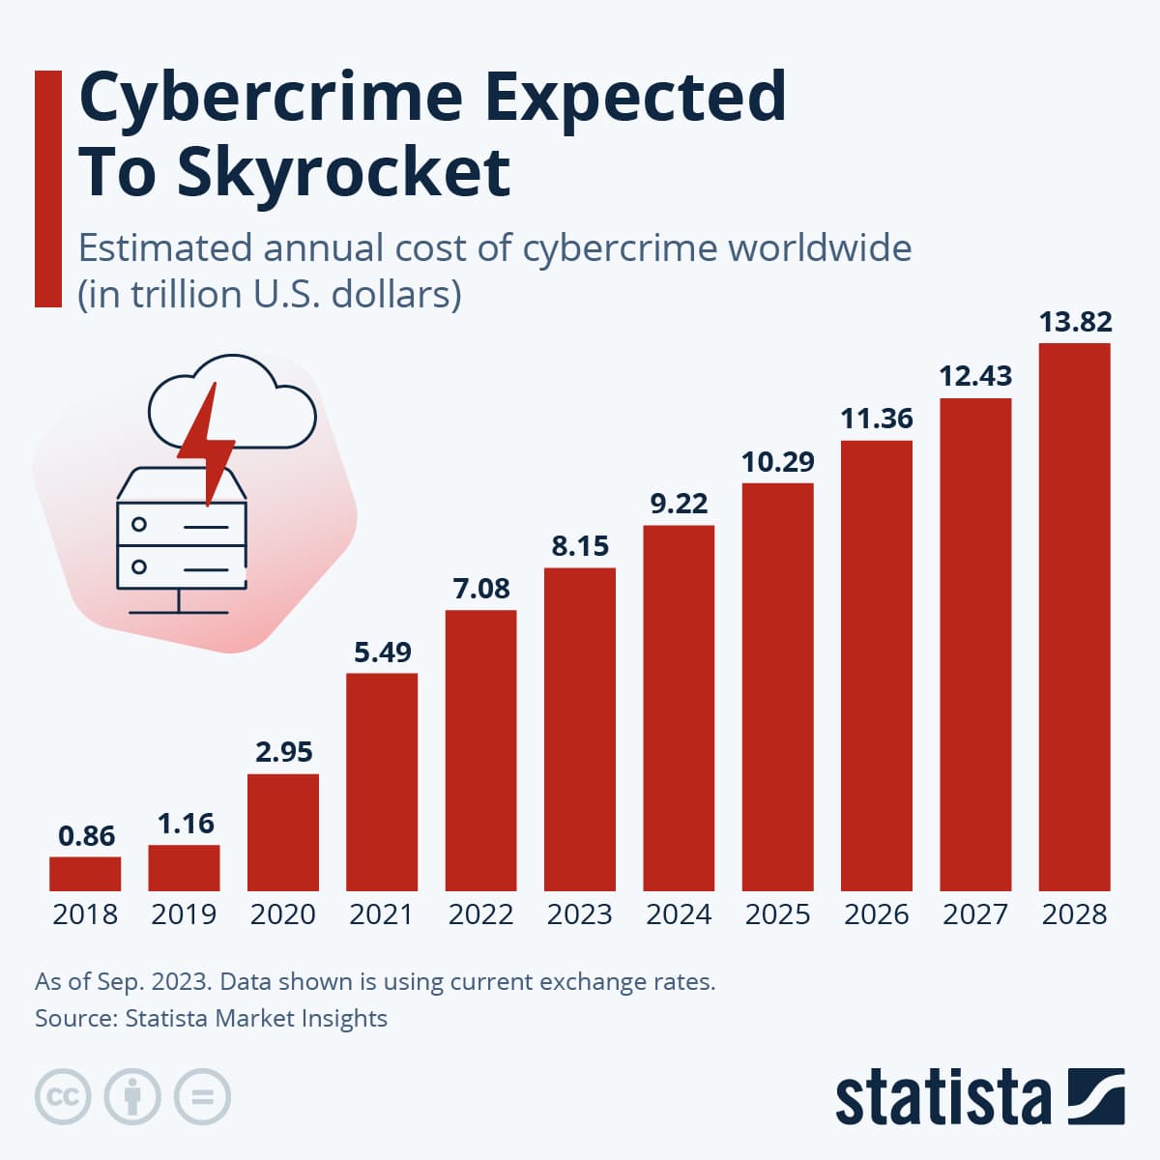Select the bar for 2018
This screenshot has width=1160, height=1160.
[x=85, y=873]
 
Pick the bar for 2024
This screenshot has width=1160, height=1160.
[x=679, y=708]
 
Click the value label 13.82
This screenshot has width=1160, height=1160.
[x=1075, y=321]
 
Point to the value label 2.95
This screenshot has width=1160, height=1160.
[x=283, y=751]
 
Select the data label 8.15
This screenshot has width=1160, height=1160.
[x=580, y=545]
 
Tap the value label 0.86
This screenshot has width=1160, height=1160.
[x=86, y=835]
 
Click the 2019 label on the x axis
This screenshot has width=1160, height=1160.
[x=184, y=913]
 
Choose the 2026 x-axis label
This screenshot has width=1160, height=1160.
[x=876, y=913]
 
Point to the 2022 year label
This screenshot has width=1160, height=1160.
[x=480, y=913]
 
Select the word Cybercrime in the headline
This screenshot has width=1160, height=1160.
[x=271, y=97]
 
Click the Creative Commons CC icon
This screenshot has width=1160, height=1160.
[x=63, y=1097]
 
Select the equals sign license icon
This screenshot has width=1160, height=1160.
[x=202, y=1097]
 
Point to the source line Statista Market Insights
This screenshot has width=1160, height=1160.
[x=211, y=1018]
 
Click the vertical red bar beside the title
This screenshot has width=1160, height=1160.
[x=47, y=188]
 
